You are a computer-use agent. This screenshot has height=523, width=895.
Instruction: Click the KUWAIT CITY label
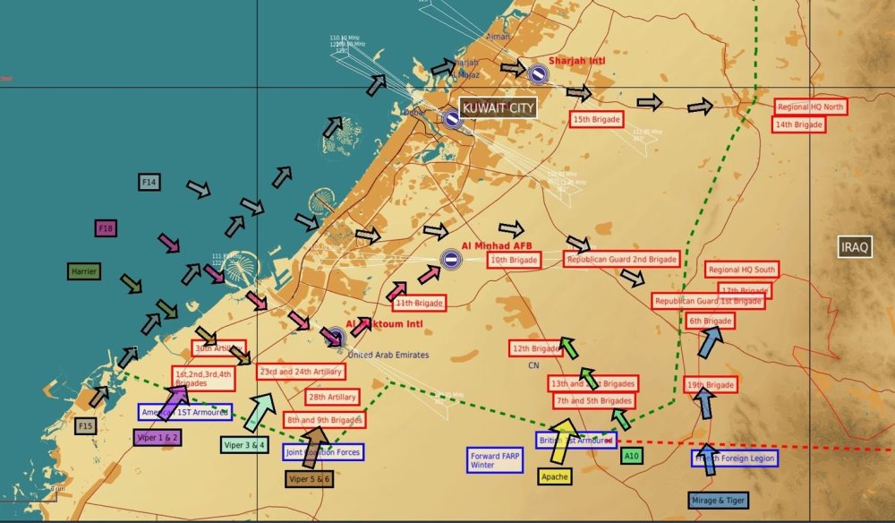(x=498, y=107)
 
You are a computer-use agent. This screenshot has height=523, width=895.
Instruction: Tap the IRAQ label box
(x=855, y=247)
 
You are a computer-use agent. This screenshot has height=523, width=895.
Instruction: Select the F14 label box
(x=149, y=183)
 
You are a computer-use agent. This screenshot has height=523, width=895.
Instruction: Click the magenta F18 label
(x=106, y=228)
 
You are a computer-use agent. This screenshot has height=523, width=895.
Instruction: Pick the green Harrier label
(x=84, y=270)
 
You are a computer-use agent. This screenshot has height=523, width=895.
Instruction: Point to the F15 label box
(x=85, y=426)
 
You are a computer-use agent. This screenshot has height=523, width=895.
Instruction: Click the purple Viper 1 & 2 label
(x=158, y=438)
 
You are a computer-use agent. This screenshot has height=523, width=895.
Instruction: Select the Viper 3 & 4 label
(x=244, y=444)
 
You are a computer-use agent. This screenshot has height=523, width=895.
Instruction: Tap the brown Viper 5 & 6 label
(x=310, y=479)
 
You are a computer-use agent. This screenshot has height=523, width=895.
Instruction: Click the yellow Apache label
(x=555, y=476)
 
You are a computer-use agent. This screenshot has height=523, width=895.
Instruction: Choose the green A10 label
(x=632, y=457)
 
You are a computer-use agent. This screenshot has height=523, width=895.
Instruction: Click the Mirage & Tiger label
(x=719, y=500)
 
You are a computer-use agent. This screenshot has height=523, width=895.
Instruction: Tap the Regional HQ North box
(x=810, y=107)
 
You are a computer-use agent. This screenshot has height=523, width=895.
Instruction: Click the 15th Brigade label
(x=597, y=119)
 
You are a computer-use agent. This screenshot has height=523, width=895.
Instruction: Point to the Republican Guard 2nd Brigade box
(x=621, y=259)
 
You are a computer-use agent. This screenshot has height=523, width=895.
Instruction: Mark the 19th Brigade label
(x=711, y=385)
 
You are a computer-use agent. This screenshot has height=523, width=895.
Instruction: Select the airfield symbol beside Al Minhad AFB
(x=451, y=260)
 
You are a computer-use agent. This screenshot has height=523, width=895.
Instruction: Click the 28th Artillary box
(x=332, y=397)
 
